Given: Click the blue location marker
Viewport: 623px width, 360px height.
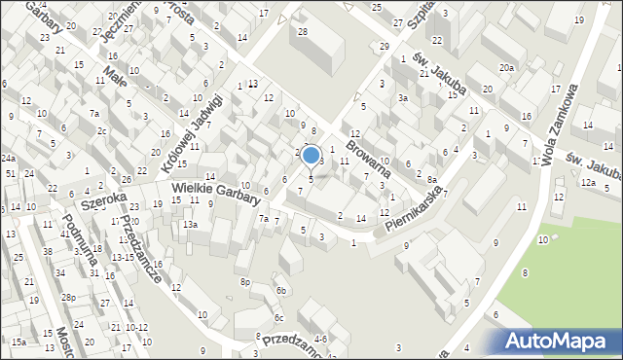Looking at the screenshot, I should tap(311, 155).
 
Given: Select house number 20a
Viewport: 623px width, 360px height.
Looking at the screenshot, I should tap(506, 67).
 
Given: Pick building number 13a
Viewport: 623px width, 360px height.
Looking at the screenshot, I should tap(190, 225).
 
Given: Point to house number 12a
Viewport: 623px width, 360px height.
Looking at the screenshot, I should tap(587, 182).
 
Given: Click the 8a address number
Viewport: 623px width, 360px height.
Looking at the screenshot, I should tap(431, 179).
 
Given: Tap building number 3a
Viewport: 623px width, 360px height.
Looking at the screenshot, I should tap(401, 98).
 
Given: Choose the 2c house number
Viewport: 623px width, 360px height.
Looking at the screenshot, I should tap(101, 130).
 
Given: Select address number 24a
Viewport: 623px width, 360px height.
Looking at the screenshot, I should tap(8, 158).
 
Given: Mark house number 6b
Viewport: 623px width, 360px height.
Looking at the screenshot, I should tap(280, 290).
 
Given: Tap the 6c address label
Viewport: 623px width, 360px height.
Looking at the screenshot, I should tap(278, 318).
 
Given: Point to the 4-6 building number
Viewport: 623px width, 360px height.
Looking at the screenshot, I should tap(319, 339).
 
